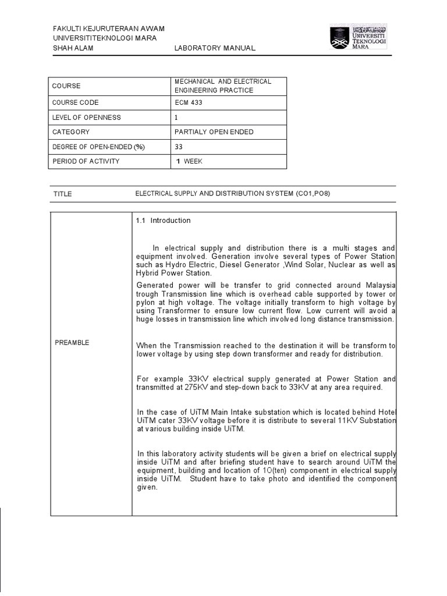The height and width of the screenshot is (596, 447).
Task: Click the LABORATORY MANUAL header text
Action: pos(215,48)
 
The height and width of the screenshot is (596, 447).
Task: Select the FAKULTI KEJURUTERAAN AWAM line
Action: pos(108,29)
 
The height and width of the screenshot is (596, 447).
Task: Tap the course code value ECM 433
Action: pos(189,103)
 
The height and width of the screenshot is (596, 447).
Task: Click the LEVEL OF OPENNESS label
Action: pos(86,118)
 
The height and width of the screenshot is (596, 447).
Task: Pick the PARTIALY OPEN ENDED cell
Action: pos(214,132)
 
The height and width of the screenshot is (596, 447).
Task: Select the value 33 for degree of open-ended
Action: pos(179,147)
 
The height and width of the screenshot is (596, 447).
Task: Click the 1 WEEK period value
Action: pos(189,161)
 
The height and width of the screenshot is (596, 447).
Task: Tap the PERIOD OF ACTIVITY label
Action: pos(86,161)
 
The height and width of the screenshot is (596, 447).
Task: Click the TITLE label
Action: pos(62,194)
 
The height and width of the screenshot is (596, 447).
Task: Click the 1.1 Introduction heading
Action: pos(163,221)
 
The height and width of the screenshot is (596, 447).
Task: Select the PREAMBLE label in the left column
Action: pos(72,343)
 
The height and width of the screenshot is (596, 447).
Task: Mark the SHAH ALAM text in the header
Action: pos(73,48)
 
